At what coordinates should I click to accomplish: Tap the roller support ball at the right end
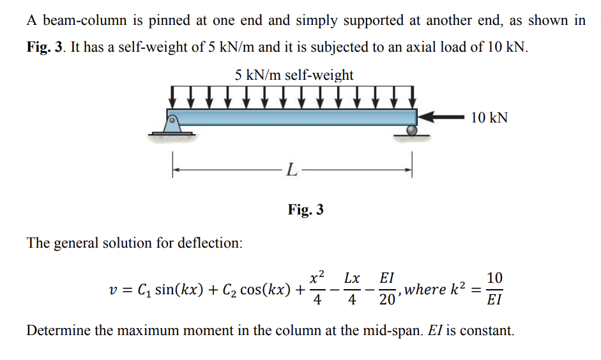pos(411,130)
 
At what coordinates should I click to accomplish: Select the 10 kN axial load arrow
pos(441,117)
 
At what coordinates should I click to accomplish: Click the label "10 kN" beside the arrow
pos(489,117)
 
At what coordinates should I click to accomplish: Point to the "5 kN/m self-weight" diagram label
pos(294,75)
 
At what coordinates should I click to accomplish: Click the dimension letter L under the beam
pos(291,170)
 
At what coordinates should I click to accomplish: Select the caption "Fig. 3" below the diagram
pos(305,209)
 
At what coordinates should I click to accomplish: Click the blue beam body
pos(294,117)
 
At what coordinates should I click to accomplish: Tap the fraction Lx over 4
pos(352,289)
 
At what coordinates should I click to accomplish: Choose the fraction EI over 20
pos(386,289)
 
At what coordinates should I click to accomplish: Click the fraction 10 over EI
pos(494,289)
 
